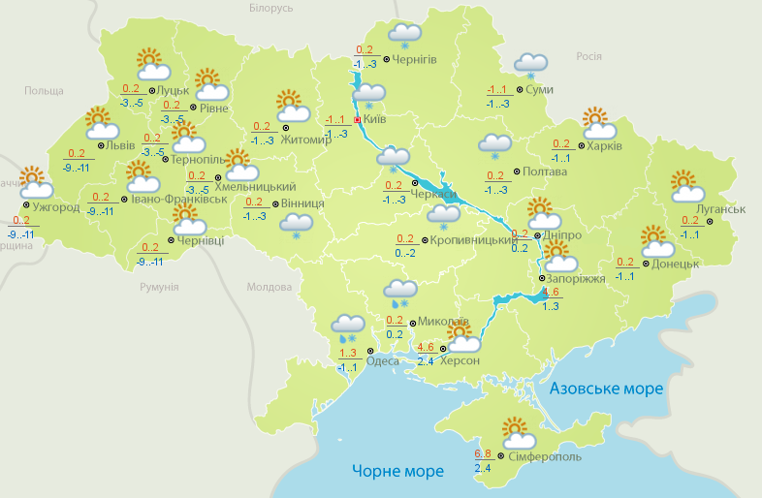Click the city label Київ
[x=374, y=119]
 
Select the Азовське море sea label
[x=607, y=389]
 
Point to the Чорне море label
[x=397, y=471]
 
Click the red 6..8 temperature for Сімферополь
[x=483, y=453]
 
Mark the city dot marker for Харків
[x=579, y=146]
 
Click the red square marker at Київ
[x=358, y=120]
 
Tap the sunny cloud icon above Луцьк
[x=151, y=65]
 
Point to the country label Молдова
[x=270, y=288]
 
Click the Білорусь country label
[x=270, y=8]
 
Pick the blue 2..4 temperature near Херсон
[x=425, y=361]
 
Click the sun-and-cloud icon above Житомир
[x=290, y=105]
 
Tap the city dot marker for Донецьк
[x=646, y=263]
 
